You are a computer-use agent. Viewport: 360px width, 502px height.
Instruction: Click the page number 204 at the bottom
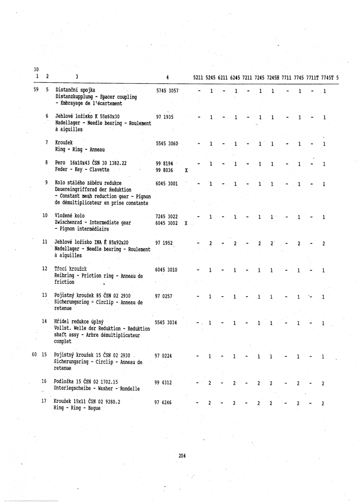point(182,456)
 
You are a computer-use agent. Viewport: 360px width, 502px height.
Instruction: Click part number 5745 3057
point(167,91)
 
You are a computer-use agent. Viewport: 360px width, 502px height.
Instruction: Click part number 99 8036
point(164,170)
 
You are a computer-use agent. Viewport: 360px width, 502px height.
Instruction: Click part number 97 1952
point(164,243)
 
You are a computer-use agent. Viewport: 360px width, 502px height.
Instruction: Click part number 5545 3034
point(167,323)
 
